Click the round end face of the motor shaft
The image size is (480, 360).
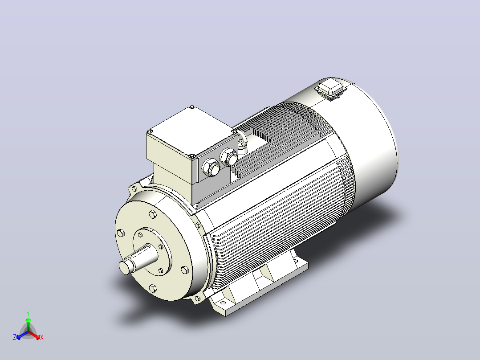point(125,268)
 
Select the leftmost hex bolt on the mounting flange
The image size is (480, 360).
point(121,233)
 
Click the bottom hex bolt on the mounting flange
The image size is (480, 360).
point(152,288)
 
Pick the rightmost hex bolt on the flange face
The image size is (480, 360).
point(185,270)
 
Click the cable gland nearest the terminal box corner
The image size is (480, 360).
point(211,167)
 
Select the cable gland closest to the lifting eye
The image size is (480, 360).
point(229,158)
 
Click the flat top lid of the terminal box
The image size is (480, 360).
point(192,130)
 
